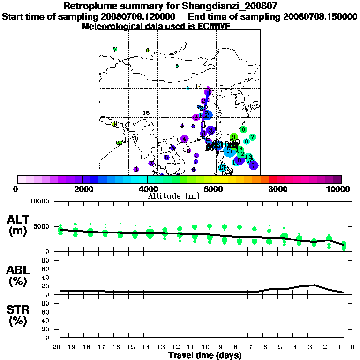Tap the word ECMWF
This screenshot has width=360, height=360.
coord(216,26)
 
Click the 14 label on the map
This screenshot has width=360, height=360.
coord(199,86)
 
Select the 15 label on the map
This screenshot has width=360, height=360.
coord(146,113)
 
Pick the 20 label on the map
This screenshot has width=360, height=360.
coord(119,143)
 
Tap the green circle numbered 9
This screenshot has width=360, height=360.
coord(233,137)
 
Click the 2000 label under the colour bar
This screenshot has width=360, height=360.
coord(82,189)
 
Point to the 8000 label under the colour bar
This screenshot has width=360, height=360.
coord(277,189)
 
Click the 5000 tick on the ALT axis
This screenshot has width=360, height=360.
coord(42,226)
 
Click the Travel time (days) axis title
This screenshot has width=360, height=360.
coord(205,356)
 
